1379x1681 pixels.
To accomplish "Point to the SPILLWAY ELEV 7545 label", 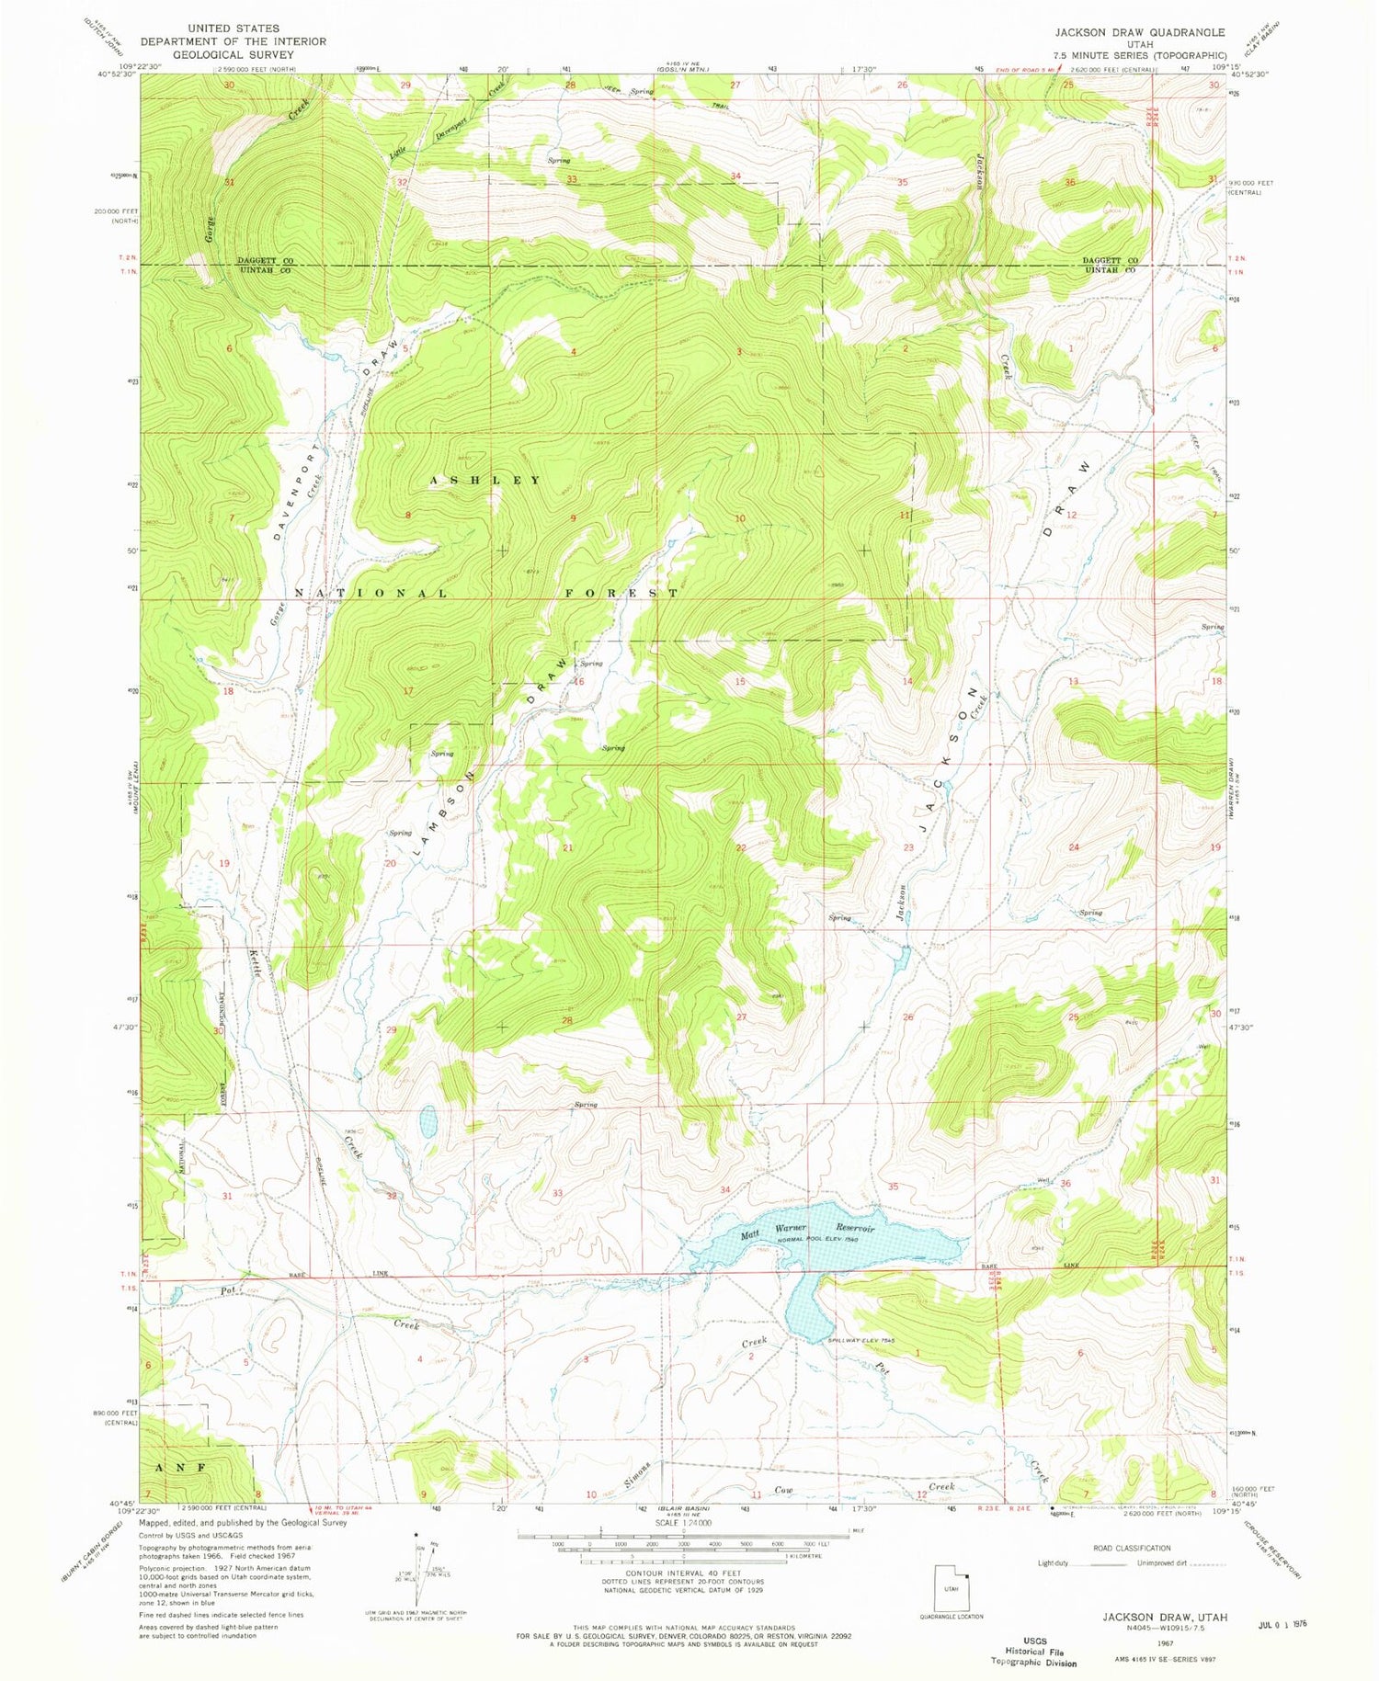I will point(861,1340).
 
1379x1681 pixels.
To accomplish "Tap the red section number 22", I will point(741,847).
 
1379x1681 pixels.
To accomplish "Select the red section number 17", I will point(408,690).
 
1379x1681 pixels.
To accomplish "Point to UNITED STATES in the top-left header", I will point(233,28).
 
